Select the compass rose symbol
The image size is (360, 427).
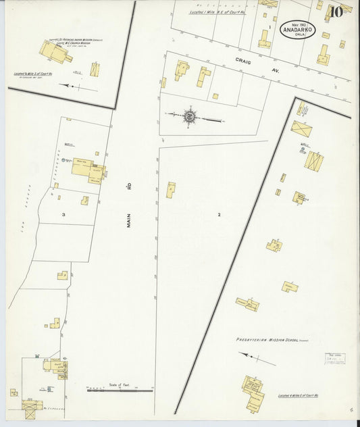point(190,117)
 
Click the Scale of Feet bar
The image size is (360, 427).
point(120,390)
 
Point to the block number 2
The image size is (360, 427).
point(219,214)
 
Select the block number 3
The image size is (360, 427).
point(63,214)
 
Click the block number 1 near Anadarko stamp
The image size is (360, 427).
point(269,27)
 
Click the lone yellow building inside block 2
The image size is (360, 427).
point(172,190)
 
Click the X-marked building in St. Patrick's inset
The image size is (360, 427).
point(95,68)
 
